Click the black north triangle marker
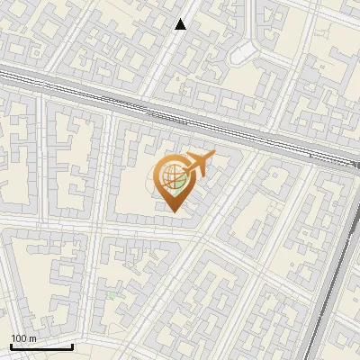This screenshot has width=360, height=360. (x=181, y=24)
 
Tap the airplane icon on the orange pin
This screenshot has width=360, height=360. (x=200, y=164)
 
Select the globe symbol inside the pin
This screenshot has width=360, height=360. (x=173, y=178)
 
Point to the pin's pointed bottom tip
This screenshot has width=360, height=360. (x=173, y=211)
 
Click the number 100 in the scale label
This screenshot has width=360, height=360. (x=18, y=337)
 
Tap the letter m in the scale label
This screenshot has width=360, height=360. (x=32, y=337)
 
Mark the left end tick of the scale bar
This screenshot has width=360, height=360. (x=11, y=345)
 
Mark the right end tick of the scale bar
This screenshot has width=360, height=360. (x=73, y=345)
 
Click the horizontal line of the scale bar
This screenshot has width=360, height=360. (x=41, y=346)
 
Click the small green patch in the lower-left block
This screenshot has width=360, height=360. (x=112, y=294)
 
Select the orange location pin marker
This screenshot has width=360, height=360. (x=175, y=180)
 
